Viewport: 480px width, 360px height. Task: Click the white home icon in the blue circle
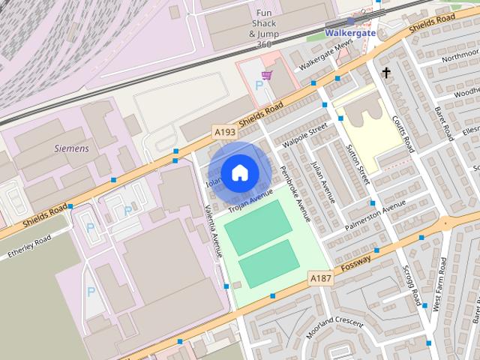pos(239,172)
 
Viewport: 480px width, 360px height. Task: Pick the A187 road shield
pos(320,278)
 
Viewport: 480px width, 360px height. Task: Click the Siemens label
pos(72,148)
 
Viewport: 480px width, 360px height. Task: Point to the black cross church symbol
pos(386,73)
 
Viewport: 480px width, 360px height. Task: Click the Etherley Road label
pos(29,247)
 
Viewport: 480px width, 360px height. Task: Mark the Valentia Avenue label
pos(214,232)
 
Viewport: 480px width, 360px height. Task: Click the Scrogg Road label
pos(411,285)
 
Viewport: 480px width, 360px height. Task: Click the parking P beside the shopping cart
pos(259,85)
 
